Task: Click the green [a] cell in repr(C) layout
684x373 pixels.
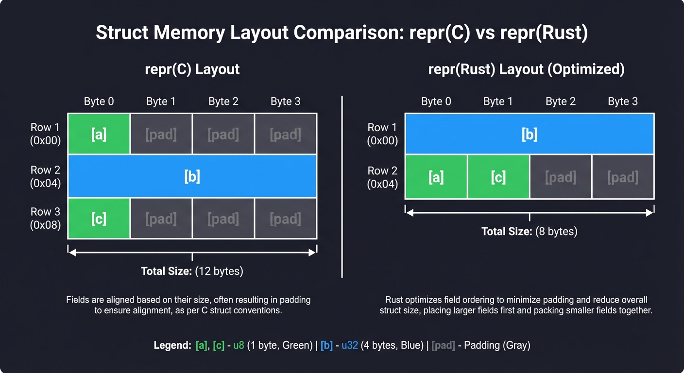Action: [99, 134]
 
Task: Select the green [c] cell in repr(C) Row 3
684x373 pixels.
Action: [99, 219]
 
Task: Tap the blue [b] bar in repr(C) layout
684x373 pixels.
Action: [192, 176]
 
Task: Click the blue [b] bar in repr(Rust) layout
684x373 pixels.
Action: [529, 134]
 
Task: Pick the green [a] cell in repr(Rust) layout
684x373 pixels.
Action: [436, 177]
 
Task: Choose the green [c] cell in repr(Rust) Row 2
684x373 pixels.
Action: [498, 177]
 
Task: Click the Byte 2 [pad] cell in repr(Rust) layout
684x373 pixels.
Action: [561, 177]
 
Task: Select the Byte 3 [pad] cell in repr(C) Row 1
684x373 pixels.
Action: [286, 134]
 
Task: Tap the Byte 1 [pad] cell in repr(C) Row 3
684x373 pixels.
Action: [161, 219]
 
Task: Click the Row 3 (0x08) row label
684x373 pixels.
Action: [45, 218]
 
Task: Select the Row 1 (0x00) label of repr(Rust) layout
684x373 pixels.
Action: [382, 134]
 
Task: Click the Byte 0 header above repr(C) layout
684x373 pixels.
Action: [99, 102]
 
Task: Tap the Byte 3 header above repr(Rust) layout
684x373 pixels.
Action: [622, 102]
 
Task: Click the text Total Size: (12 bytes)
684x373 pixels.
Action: [192, 271]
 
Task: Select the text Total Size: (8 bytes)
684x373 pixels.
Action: [529, 231]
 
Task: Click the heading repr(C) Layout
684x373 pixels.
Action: [192, 69]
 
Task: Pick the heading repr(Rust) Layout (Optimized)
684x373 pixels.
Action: [526, 69]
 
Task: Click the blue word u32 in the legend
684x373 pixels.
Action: [349, 346]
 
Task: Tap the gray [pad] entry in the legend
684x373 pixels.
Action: [444, 346]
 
